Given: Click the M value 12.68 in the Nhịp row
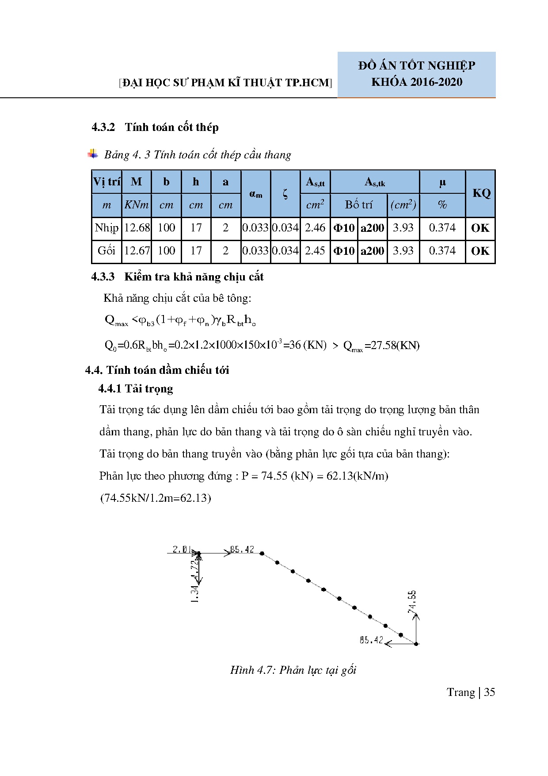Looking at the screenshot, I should (137, 228).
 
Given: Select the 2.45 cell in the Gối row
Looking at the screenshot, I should (315, 251).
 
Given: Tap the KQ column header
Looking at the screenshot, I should (481, 193).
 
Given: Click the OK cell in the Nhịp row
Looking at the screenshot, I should (480, 228).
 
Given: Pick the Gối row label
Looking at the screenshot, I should (107, 251).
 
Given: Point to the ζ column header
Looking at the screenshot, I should (285, 193).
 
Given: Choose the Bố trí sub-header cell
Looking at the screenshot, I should (358, 205).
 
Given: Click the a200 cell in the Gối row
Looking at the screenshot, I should (373, 251).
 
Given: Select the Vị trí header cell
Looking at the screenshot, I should (107, 182).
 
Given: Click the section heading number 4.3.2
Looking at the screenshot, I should (103, 127).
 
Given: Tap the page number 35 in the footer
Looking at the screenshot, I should (489, 692).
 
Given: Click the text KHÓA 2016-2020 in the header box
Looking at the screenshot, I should (416, 82).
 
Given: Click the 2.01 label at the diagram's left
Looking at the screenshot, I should (181, 549).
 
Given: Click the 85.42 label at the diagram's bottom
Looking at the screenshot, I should (371, 640).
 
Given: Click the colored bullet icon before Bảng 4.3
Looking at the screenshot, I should (93, 154).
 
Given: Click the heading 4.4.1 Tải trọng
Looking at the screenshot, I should (136, 389).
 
